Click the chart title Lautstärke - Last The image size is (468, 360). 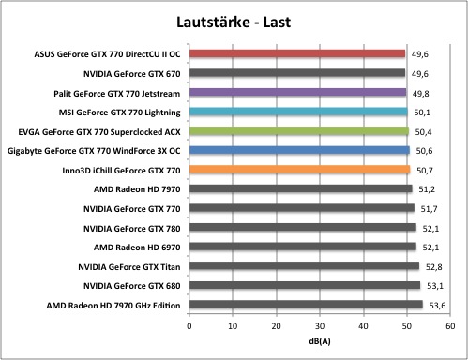[234, 22]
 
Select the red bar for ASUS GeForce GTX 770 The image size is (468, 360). [297, 53]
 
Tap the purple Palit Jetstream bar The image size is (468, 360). [297, 92]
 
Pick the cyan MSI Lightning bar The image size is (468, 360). [298, 112]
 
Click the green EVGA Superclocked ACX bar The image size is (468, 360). [299, 131]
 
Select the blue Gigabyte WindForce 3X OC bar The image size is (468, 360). [299, 150]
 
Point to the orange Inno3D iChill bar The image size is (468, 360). [299, 170]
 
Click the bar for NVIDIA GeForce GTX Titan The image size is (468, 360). [304, 266]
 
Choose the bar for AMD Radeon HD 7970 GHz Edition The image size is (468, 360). [306, 305]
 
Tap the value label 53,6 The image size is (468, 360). [437, 306]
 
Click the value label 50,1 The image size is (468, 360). [422, 112]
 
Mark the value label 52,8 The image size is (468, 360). [433, 267]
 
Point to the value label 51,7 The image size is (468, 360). [429, 209]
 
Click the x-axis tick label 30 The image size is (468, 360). [320, 326]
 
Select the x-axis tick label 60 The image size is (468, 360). [450, 326]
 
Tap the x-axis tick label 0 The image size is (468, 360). [189, 326]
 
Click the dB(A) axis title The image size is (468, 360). [320, 341]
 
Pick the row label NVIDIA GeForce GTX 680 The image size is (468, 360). [132, 286]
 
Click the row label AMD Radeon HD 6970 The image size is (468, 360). [137, 247]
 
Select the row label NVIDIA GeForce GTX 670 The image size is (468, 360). [132, 74]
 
